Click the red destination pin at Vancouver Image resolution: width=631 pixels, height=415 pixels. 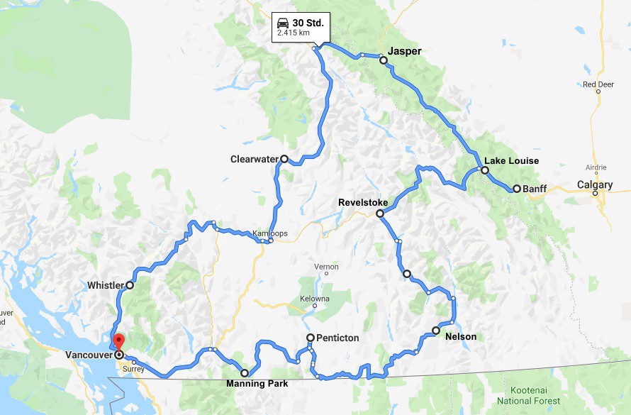click(119, 341)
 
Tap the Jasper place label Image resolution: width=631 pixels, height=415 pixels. click(405, 51)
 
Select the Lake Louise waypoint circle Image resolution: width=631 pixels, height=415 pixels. click(485, 170)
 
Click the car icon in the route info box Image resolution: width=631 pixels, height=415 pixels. click(283, 23)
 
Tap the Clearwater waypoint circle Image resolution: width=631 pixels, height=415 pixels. click(284, 159)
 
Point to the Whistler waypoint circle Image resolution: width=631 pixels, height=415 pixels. click(130, 284)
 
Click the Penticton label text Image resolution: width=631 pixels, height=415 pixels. click(337, 338)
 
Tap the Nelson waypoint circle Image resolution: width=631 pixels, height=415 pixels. click(436, 330)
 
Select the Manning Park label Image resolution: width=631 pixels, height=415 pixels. click(257, 384)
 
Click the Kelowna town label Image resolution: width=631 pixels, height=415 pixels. click(315, 299)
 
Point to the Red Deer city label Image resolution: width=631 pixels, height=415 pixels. click(598, 84)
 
